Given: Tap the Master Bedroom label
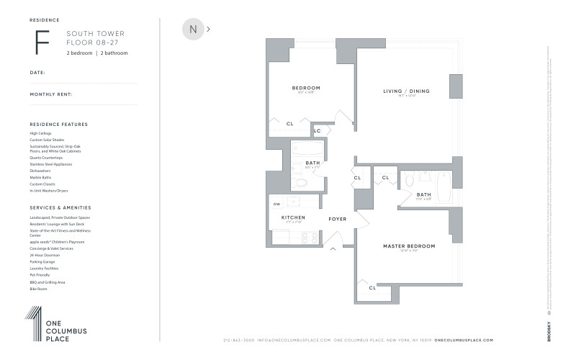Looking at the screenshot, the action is pos(410,246).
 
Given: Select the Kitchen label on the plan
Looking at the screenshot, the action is pos(293,217).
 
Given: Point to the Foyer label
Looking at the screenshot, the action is pos(338,218).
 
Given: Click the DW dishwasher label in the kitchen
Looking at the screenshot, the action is pos(276,204).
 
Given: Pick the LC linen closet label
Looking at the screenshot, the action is pos(317,131).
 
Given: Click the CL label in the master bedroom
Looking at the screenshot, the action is pos(372,288).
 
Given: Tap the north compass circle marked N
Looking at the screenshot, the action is pos(193,30).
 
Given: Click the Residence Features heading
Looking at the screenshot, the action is pos(59,125).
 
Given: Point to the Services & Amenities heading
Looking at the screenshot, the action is pos(63,208).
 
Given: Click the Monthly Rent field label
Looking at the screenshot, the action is pos(50,94).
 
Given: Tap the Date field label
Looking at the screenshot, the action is pos(37,73).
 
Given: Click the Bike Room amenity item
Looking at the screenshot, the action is pos(38,289).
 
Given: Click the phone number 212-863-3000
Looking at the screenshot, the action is pos(242,340).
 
